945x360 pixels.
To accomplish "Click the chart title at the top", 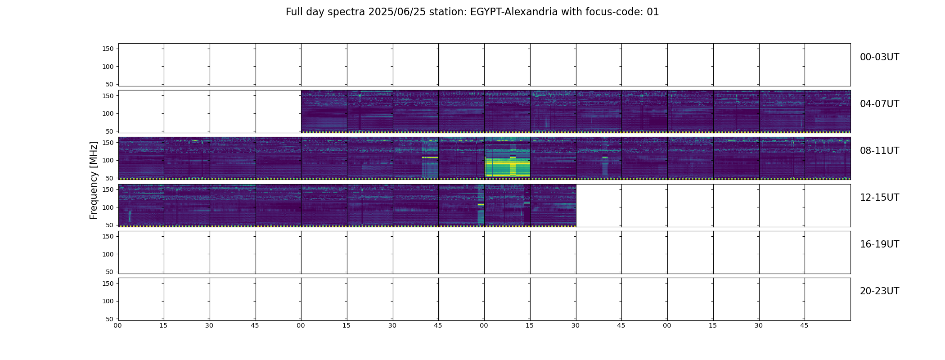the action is (x=472, y=12).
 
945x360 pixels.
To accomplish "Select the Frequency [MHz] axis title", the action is (x=94, y=180).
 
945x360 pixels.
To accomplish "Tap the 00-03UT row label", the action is (x=879, y=57).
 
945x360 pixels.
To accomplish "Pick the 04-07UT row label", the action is (x=879, y=104).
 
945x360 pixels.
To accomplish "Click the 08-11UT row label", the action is (x=879, y=151).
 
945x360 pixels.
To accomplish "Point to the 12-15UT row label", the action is (x=879, y=198).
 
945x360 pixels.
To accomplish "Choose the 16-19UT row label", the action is (x=879, y=244).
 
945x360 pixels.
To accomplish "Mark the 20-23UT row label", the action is (x=879, y=291).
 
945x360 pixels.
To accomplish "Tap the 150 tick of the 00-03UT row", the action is (x=108, y=49).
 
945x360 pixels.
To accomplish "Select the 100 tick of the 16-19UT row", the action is (x=108, y=254).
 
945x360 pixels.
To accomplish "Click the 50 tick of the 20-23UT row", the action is (x=110, y=319).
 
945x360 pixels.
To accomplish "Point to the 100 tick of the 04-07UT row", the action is (x=108, y=113).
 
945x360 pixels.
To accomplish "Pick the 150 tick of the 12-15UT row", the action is (x=108, y=189).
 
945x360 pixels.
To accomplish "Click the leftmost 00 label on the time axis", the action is (x=117, y=325).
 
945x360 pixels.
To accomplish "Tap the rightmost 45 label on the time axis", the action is (x=804, y=325).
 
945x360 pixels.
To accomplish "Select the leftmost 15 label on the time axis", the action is (x=163, y=325).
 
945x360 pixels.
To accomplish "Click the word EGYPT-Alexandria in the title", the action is (x=514, y=12).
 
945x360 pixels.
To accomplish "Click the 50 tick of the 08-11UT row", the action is (x=110, y=178).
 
